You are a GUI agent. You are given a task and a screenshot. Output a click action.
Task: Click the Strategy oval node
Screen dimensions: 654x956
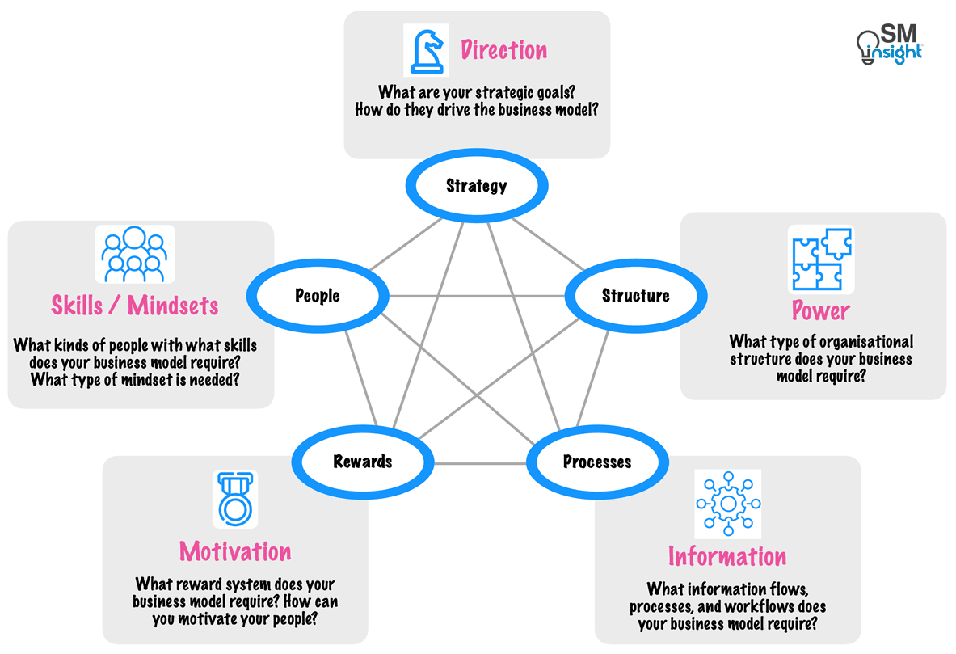(x=477, y=186)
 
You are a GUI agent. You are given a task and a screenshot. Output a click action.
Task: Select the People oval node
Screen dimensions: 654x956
(x=317, y=296)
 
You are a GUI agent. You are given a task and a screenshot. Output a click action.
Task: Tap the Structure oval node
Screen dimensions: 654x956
(x=635, y=296)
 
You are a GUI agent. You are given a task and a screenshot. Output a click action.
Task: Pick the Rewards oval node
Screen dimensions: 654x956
(x=363, y=462)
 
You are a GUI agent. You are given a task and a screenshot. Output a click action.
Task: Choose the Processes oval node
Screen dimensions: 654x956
(x=596, y=462)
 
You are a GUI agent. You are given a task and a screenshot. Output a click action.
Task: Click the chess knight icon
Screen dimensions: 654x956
(x=426, y=50)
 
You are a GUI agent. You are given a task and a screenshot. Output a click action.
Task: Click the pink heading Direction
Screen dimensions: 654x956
(x=503, y=51)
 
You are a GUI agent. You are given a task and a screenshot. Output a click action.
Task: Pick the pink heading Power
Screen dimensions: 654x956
(x=820, y=311)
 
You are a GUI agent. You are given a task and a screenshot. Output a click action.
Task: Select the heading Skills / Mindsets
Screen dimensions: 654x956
(x=135, y=306)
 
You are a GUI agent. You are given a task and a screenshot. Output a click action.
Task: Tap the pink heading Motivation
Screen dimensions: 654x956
(x=235, y=551)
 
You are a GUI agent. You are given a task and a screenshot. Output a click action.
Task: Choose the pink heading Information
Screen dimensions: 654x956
(x=726, y=557)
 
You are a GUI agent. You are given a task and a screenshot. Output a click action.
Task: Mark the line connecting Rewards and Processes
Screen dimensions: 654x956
(x=480, y=463)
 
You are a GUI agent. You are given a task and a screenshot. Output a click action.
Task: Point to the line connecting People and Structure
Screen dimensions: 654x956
(x=477, y=296)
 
